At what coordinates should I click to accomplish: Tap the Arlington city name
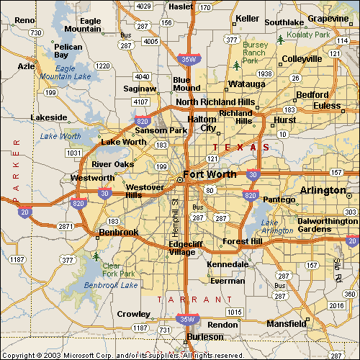click(323, 190)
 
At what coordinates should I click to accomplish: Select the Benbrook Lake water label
click(111, 285)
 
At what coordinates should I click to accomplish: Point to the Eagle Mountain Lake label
click(66, 73)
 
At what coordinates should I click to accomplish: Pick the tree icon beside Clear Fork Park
click(96, 256)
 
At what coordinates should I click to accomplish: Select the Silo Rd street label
click(336, 267)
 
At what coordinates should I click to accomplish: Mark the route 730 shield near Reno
click(35, 33)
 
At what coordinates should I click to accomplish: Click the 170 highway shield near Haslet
click(206, 8)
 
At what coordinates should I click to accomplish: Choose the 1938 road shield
click(265, 73)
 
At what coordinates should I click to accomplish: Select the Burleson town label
click(205, 337)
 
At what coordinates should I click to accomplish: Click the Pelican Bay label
click(68, 51)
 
